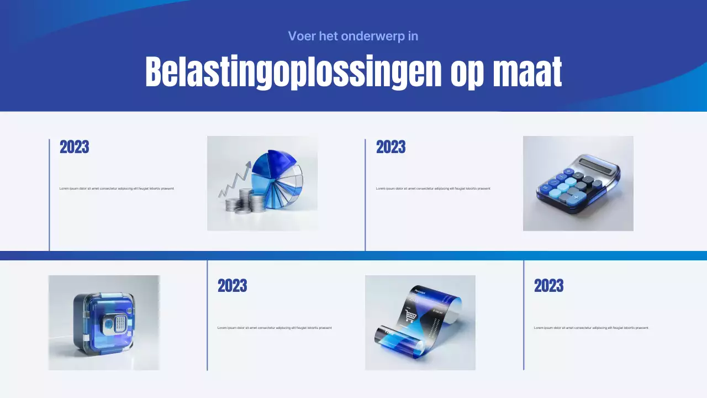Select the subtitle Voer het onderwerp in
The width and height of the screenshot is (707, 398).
tap(353, 36)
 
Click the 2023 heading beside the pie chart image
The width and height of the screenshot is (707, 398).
tap(75, 147)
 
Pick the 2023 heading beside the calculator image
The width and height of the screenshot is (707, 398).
tap(391, 147)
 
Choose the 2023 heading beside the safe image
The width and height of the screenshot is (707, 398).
tap(233, 286)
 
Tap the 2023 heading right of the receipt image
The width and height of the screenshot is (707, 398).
tap(549, 286)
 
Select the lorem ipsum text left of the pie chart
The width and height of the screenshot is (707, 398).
tap(117, 188)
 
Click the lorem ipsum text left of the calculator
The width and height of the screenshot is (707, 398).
tap(433, 188)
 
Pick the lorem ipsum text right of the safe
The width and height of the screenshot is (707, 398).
tap(275, 328)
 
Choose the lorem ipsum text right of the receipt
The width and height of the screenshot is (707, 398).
tap(591, 328)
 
